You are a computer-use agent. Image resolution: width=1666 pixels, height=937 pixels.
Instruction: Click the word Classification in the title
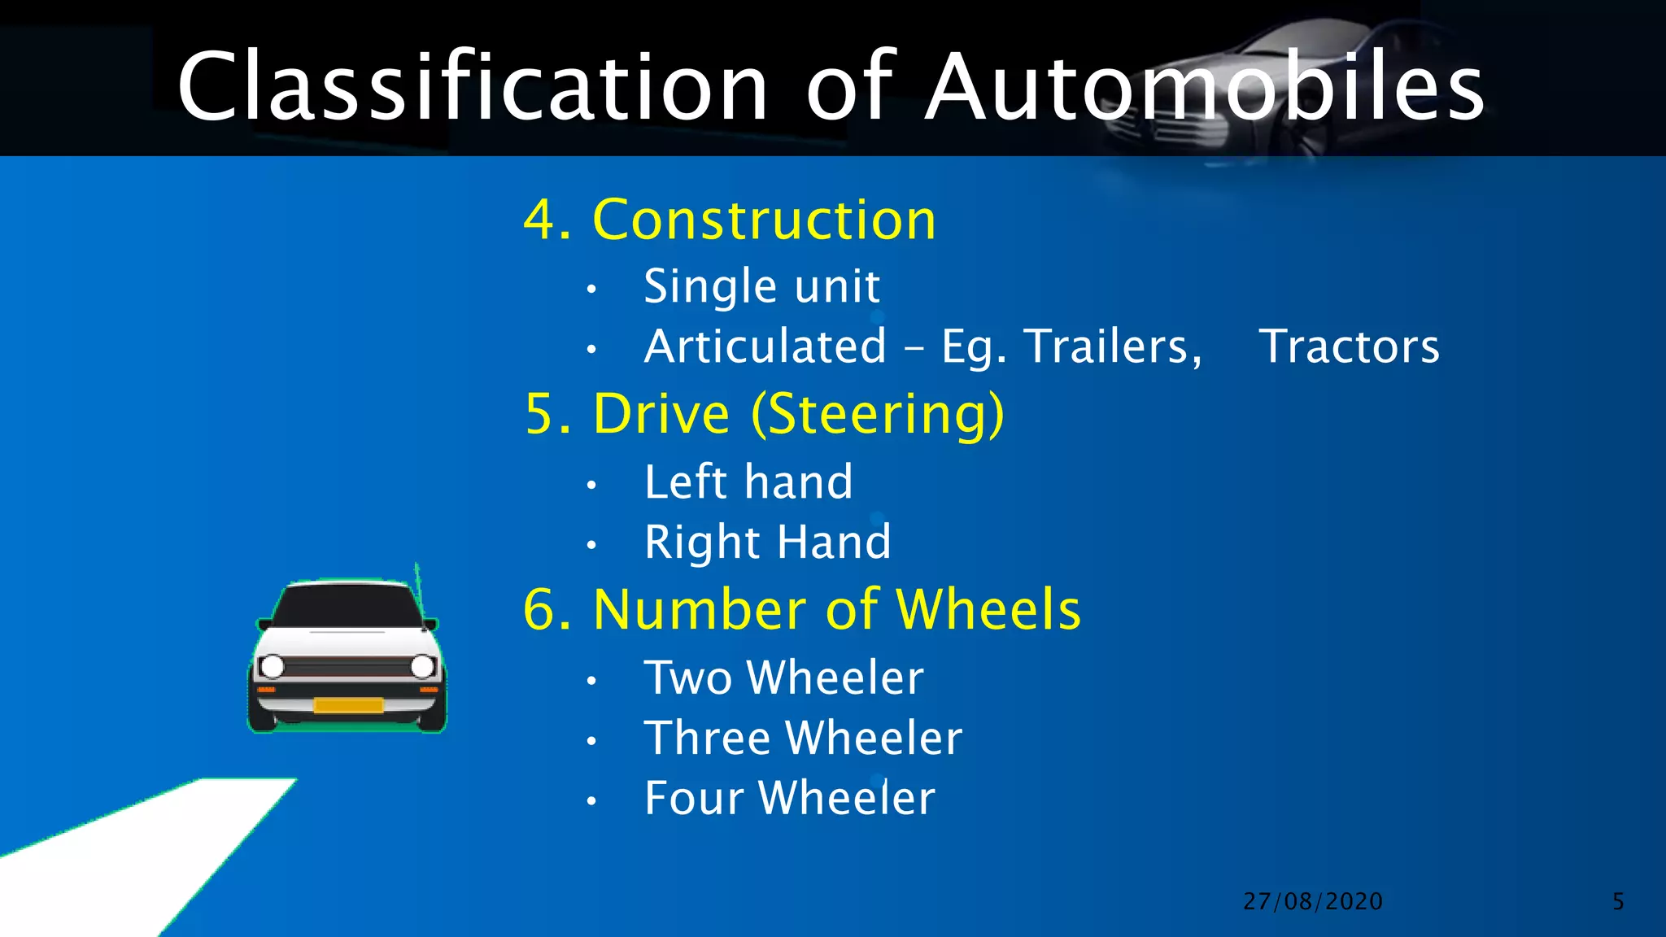[472, 86]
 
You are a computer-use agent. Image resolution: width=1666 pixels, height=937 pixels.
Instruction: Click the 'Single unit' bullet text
[761, 286]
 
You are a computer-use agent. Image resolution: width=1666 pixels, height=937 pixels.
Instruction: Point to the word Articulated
[765, 346]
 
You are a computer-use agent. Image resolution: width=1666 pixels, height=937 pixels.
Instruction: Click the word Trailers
[1111, 346]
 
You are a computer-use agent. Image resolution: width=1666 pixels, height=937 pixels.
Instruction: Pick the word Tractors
[1349, 346]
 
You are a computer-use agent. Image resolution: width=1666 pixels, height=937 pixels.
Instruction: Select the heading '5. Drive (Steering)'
[765, 415]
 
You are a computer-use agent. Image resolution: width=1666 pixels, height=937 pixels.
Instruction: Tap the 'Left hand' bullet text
[748, 482]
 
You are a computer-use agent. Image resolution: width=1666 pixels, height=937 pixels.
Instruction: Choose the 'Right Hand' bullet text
[767, 542]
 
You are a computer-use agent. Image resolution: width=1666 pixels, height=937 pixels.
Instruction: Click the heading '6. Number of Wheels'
[802, 610]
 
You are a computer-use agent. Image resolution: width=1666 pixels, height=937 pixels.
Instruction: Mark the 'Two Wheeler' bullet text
[783, 678]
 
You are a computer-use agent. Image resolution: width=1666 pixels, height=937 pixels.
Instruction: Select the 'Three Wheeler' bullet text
[803, 738]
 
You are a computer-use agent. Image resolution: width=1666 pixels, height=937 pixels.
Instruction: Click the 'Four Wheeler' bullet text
[789, 798]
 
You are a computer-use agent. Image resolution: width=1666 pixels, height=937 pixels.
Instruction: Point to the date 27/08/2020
[1313, 901]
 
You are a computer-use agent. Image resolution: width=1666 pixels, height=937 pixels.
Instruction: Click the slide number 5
[1618, 901]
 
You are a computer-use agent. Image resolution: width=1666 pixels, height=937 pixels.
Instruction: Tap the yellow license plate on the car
[348, 705]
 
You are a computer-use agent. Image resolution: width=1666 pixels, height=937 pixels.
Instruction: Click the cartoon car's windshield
[347, 606]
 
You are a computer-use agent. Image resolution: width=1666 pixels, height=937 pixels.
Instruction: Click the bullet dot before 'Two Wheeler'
[591, 681]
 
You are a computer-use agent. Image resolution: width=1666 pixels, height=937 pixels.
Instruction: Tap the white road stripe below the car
[163, 846]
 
